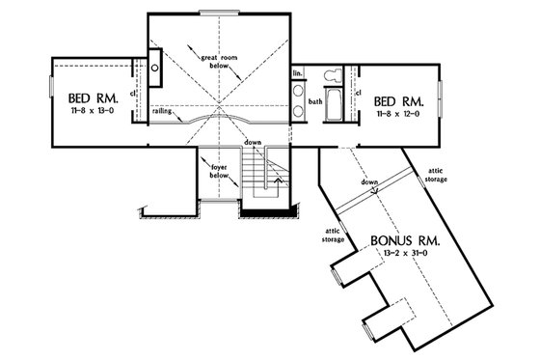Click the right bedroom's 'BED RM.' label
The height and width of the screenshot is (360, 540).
[397, 100]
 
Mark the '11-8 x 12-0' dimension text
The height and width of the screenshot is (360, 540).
[397, 114]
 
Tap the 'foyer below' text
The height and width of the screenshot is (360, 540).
[219, 171]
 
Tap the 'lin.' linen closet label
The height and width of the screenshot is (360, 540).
[298, 73]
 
